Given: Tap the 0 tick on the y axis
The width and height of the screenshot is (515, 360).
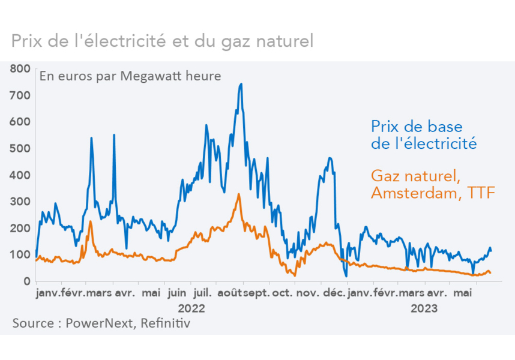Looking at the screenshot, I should (27, 281).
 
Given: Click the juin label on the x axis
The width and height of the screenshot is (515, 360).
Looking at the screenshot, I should (177, 294).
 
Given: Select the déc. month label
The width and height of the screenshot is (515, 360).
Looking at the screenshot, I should (334, 294).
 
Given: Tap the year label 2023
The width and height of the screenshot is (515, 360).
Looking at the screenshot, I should (424, 309).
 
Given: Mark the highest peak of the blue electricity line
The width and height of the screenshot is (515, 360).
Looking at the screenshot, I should (241, 84).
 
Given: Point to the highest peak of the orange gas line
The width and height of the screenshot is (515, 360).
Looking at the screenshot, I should (239, 194).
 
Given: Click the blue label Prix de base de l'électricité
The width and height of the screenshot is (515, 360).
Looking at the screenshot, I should (423, 135).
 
